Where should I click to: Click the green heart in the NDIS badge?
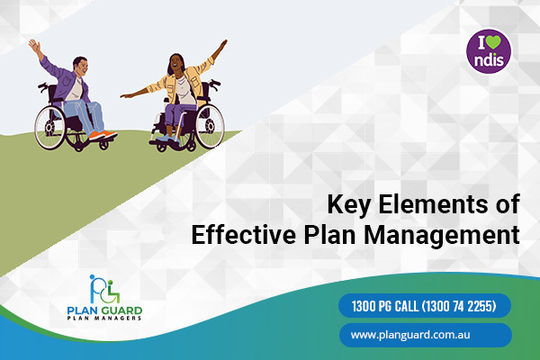pos(493,42)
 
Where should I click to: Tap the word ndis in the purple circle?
pos(489,60)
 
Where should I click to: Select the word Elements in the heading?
pos(433,204)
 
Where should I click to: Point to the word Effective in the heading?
pos(244,234)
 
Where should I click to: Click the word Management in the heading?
pos(442,236)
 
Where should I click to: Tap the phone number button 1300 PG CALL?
pos(425,306)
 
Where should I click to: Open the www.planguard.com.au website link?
pos(426,335)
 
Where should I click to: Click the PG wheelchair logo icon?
pos(104,290)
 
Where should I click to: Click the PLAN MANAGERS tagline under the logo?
pos(104,318)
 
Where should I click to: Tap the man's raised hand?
pos(34,45)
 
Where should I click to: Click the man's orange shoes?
pos(103,135)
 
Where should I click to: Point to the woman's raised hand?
pos(223,44)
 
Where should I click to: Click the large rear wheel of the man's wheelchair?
pos(50,128)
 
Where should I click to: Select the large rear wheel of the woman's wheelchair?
pos(210,127)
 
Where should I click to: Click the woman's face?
pos(175,63)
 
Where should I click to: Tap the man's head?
pos(81,66)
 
